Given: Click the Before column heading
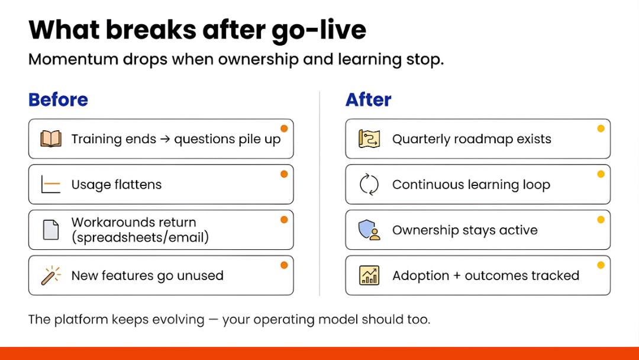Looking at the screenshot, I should click(x=58, y=99).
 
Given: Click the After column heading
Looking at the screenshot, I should click(x=368, y=99).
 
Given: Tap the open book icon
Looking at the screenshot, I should click(x=51, y=139).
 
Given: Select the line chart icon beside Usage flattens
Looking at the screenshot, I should click(x=51, y=185).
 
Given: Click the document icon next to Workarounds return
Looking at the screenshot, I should click(x=51, y=230).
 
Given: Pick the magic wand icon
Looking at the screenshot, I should click(x=51, y=275).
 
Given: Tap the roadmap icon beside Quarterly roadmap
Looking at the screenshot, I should click(x=369, y=139).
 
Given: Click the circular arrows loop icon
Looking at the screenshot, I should click(x=369, y=185).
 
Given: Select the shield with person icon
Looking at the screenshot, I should click(x=369, y=230).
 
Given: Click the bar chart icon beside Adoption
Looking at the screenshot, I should click(x=369, y=275).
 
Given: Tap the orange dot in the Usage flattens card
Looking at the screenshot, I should click(x=284, y=174).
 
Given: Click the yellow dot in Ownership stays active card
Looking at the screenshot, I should click(x=601, y=220).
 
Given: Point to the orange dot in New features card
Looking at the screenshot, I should click(x=284, y=265).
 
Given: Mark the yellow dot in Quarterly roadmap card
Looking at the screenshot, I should click(x=601, y=128).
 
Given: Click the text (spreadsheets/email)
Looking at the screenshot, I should click(x=140, y=237).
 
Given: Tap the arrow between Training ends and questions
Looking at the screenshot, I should click(x=165, y=140).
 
